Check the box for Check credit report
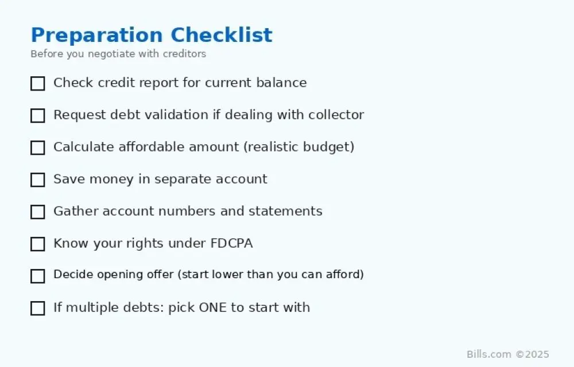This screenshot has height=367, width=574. coord(38,84)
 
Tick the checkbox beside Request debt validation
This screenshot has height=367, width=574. coord(38,116)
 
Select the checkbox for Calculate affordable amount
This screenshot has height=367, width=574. coord(38,148)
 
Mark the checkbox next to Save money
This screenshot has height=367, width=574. coord(38,180)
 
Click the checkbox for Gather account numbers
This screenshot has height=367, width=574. coord(38,212)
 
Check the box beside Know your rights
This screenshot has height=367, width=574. coord(38,244)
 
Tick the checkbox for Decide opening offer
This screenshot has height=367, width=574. coord(38,276)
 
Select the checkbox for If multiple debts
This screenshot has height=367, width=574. coord(38,309)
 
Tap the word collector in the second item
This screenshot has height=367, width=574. coord(336,115)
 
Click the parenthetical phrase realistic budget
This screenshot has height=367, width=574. coord(299,147)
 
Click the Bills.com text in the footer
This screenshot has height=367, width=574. coord(488,354)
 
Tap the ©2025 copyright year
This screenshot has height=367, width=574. coord(533,354)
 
